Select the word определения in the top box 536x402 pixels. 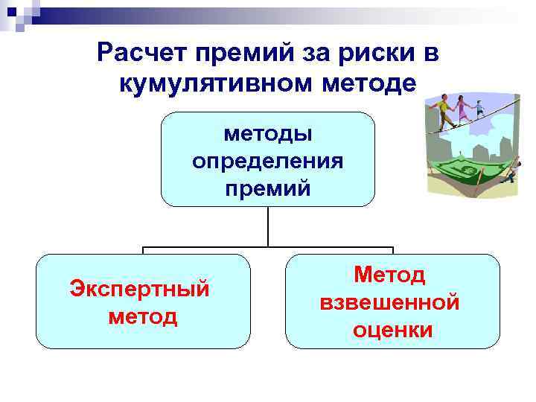tap(268, 161)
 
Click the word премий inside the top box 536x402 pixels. tap(268, 188)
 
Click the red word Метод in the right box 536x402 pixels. tap(389, 275)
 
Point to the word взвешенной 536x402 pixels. tap(389, 302)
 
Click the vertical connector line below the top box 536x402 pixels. tap(268, 226)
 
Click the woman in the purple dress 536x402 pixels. tap(464, 110)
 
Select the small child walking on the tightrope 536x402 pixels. tap(479, 111)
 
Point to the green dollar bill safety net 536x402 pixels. tap(466, 173)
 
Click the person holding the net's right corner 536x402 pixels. tap(509, 173)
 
